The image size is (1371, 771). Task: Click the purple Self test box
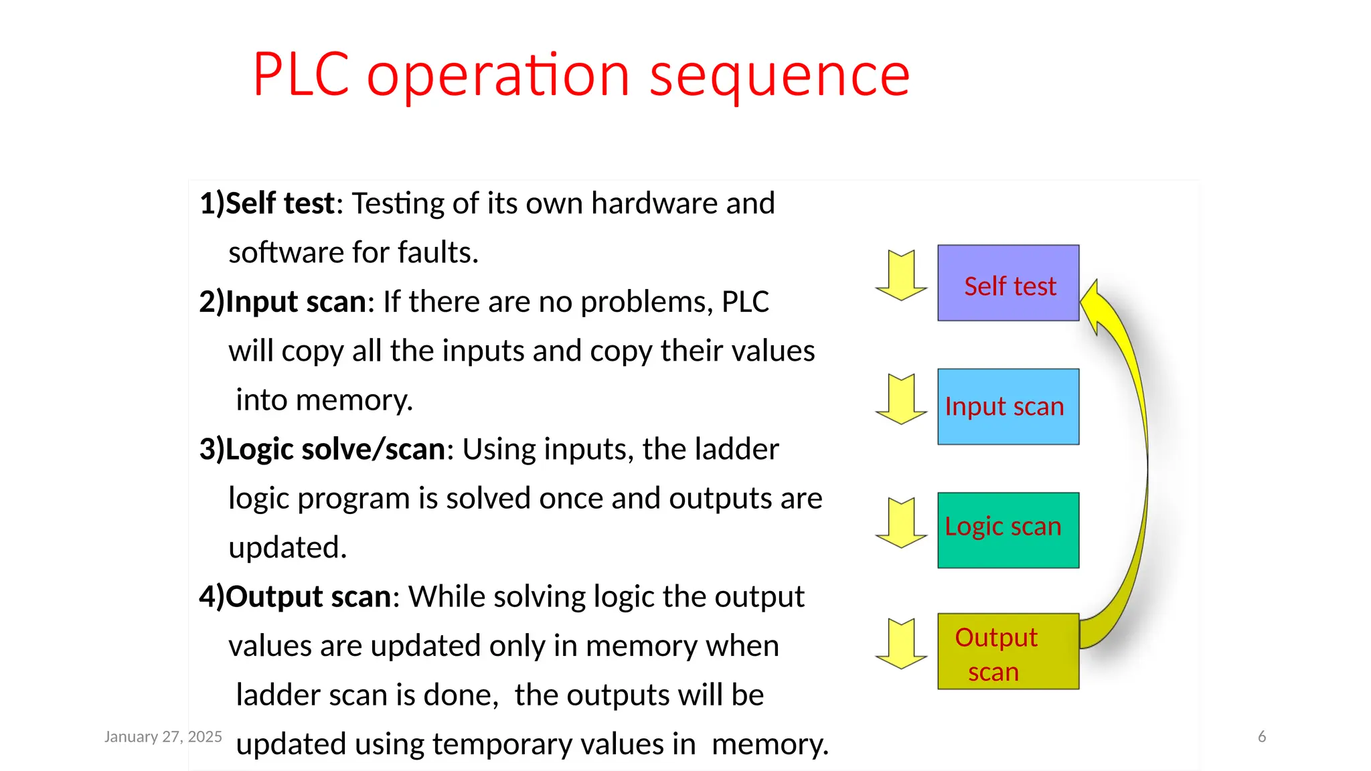point(1008,283)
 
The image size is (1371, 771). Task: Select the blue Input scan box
point(1008,406)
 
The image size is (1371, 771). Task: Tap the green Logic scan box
point(1008,530)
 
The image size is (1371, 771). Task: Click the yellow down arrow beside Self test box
point(902,275)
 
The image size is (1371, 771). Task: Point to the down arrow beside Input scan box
point(902,399)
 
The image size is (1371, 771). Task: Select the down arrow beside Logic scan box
point(902,523)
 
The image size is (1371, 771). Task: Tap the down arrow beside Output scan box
point(902,644)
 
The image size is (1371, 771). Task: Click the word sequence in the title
point(779,75)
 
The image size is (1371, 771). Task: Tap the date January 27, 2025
point(163,737)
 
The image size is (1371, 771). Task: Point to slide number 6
point(1262,737)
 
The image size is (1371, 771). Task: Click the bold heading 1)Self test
point(267,203)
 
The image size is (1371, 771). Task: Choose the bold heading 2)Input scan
point(283,302)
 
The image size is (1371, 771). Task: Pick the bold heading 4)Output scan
point(295,596)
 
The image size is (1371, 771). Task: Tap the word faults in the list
point(438,253)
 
